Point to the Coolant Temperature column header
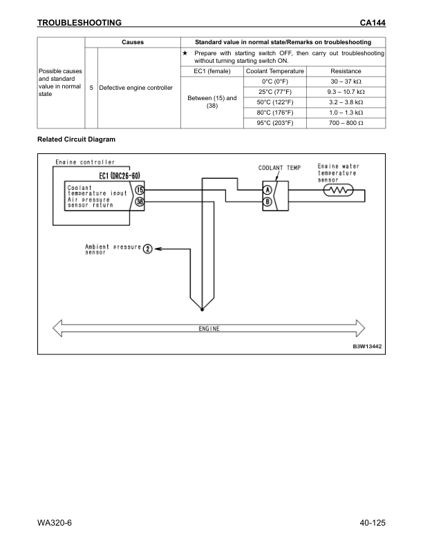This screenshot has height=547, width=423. point(275,71)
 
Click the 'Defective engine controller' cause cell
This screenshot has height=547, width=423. point(135,88)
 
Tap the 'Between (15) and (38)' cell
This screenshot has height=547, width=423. point(212,102)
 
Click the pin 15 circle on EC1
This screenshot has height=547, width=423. point(139,190)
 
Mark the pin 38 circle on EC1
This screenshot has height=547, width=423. point(139,202)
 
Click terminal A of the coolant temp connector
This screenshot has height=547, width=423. point(267,190)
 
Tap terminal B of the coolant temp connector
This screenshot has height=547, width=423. point(267,202)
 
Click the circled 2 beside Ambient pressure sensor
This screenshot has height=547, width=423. point(148,249)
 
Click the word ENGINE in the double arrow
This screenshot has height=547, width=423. point(205,328)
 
